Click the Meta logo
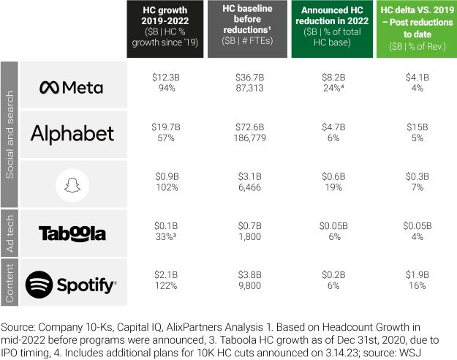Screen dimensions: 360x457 pos(71,87)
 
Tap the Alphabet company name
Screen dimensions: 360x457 pos(72,133)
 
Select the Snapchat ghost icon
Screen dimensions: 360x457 pos(72,184)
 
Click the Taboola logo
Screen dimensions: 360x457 pos(72,233)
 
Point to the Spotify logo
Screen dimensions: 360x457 pos(71,282)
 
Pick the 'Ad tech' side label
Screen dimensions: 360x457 pos(10,233)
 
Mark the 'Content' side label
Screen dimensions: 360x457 pos(10,282)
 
